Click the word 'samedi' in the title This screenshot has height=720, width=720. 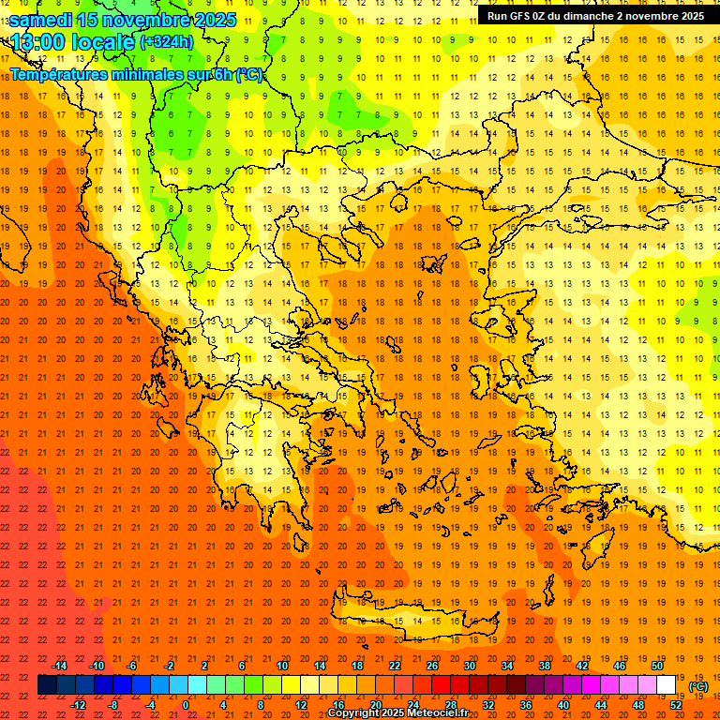41,19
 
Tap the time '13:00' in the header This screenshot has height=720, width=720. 35,41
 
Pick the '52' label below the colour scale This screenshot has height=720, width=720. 676,705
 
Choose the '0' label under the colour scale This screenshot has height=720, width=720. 186,705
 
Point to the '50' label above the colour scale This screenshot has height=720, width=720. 657,666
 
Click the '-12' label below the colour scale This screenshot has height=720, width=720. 78,705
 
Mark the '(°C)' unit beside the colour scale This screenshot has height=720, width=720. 698,686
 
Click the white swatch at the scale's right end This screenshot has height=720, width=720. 667,685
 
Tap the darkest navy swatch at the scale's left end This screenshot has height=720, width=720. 47,685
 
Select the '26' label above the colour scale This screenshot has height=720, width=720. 432,666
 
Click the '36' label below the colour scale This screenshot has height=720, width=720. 526,705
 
